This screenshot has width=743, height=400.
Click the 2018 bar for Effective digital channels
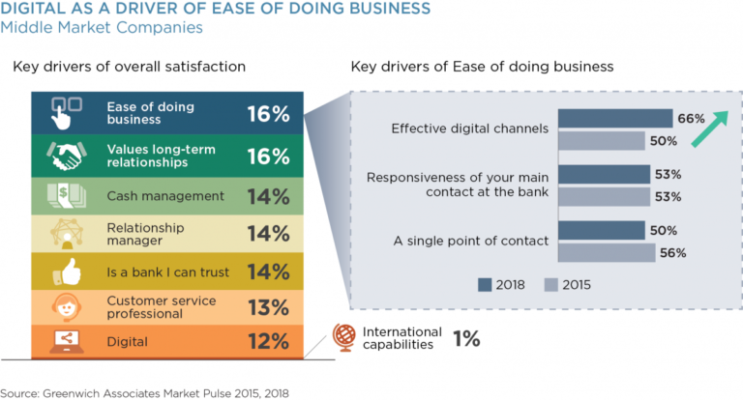(615, 118)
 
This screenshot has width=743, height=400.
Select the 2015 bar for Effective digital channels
(602, 140)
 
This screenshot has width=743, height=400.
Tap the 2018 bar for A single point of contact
(602, 230)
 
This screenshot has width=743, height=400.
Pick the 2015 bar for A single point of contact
(609, 252)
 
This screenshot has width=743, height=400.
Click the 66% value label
(691, 119)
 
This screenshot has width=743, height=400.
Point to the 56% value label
(673, 253)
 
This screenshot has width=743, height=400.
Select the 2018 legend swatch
(489, 284)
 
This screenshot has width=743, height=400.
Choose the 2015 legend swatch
(551, 284)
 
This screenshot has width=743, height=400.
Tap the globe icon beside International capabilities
(344, 337)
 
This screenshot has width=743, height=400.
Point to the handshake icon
(67, 157)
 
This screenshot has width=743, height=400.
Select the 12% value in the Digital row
(268, 341)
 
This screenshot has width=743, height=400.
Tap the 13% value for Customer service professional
(268, 307)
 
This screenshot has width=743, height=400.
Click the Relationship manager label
(144, 233)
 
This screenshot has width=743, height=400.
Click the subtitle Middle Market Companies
(102, 27)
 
